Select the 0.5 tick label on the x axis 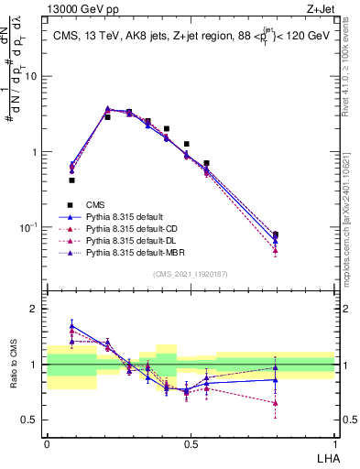coord(191,444)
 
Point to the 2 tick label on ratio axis coord(34,309)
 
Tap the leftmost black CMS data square coord(71,180)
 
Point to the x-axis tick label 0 coord(46,444)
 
